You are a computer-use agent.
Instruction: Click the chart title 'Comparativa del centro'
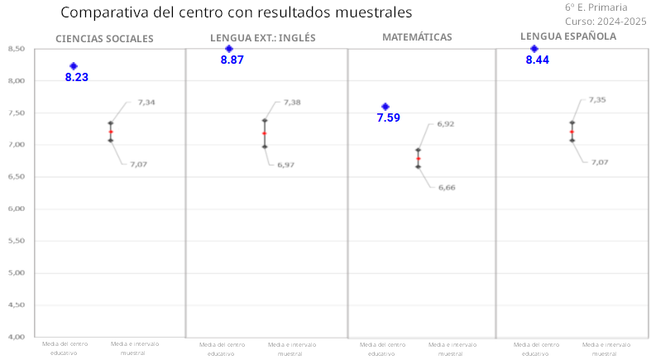pos(236,13)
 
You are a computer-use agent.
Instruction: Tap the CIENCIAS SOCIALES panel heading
pos(104,39)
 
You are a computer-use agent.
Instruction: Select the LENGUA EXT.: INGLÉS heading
pos(262,38)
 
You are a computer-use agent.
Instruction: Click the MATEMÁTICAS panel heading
pos(417,37)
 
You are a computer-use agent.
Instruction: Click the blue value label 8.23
pos(77,77)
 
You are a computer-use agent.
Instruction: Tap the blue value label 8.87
pos(232,60)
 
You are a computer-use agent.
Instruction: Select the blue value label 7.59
pos(388,118)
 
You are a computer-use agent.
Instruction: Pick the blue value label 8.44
pos(538,60)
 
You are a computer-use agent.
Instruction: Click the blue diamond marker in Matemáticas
pos(385,107)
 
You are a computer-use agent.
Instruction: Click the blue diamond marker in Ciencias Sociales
pos(74,66)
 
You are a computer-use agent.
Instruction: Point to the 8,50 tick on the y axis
pos(16,49)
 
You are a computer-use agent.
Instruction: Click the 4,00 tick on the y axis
pos(16,337)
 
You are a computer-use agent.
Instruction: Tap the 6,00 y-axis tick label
pos(16,209)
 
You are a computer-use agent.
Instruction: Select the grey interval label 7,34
pos(146,103)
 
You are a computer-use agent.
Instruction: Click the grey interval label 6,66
pos(446,188)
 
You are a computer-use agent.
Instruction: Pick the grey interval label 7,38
pos(292,103)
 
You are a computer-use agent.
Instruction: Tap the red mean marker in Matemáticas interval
pos(419,158)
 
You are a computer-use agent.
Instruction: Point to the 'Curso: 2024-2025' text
pos(606,21)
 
